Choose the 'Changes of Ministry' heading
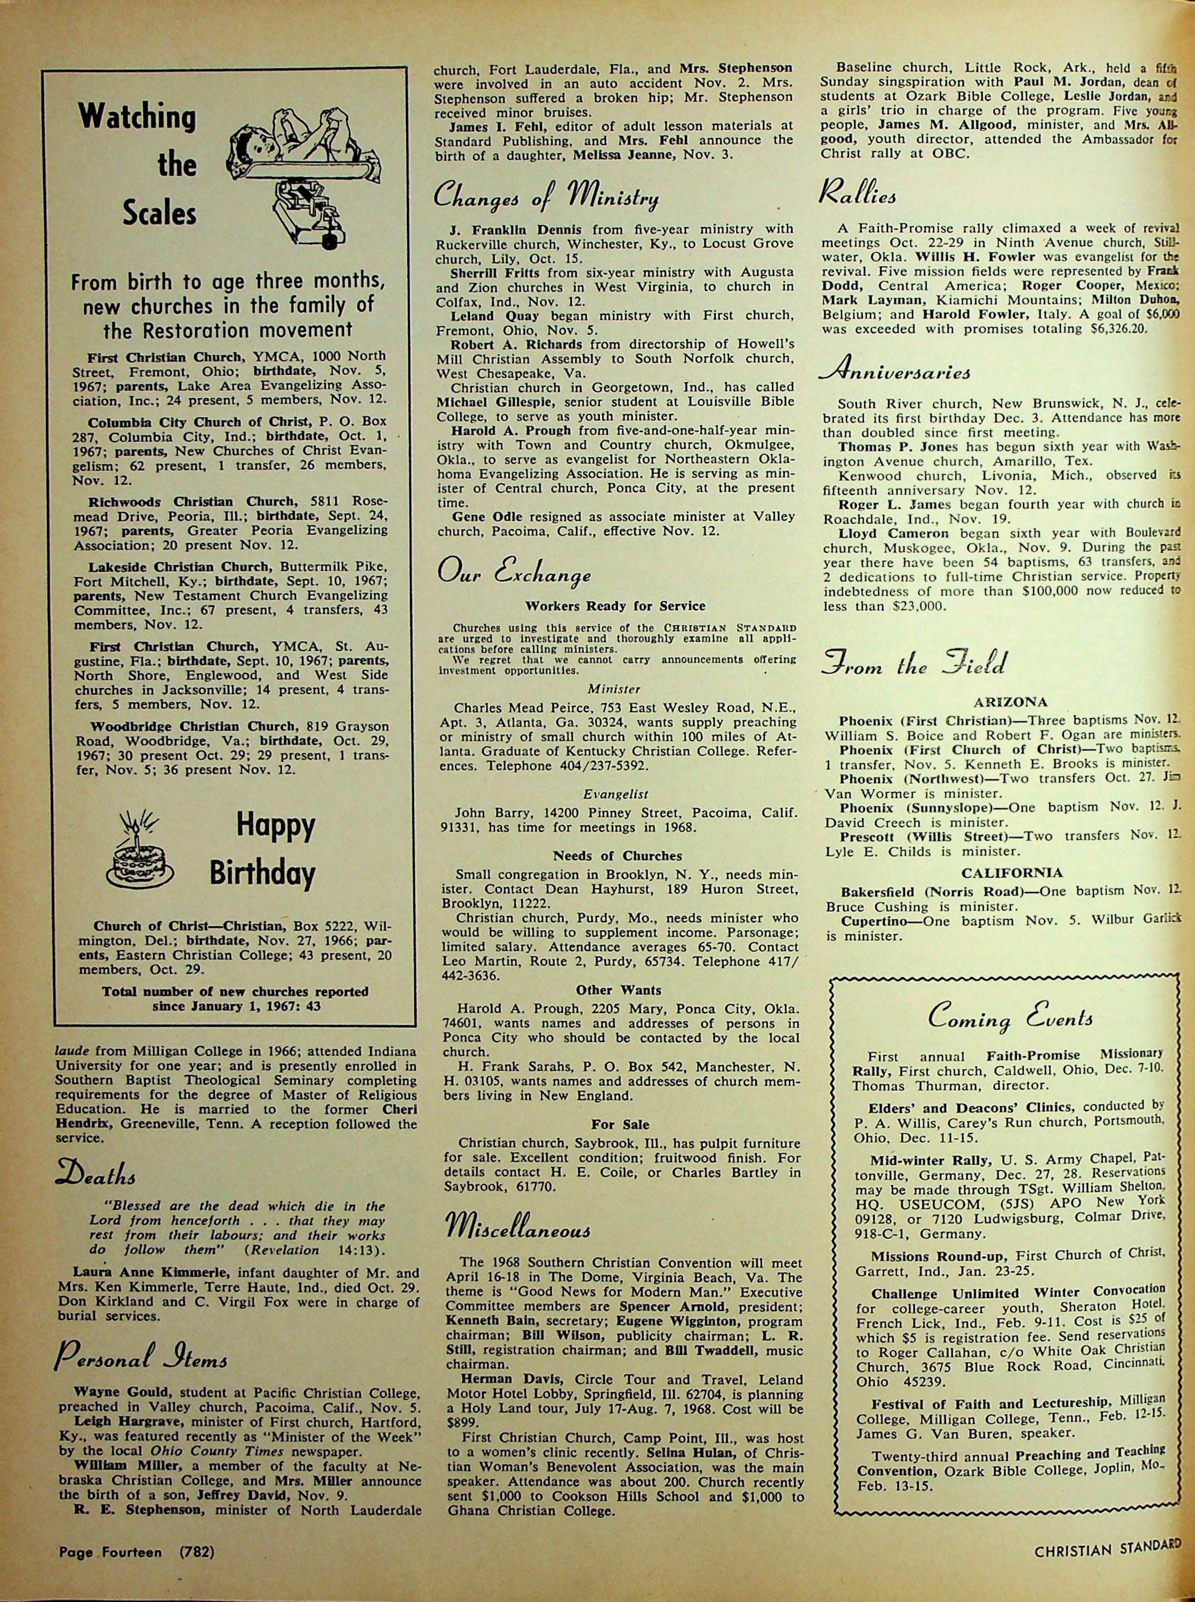click(546, 197)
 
